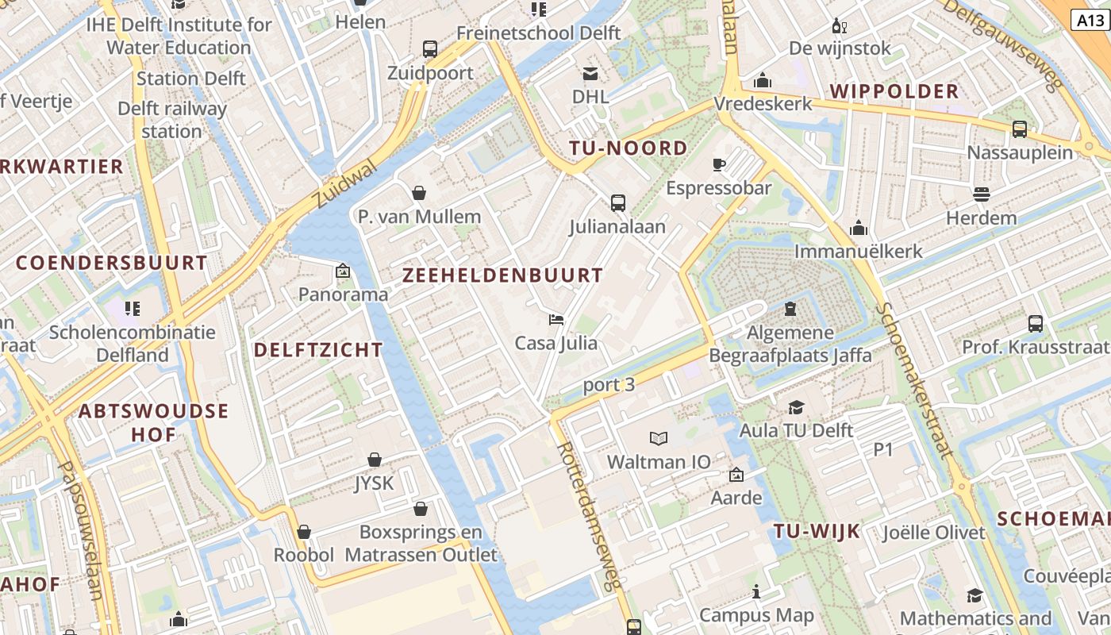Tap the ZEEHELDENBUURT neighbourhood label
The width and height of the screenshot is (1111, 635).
pyautogui.click(x=503, y=275)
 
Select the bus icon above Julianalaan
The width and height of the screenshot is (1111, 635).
pyautogui.click(x=617, y=203)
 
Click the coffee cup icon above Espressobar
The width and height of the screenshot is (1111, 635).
pyautogui.click(x=718, y=164)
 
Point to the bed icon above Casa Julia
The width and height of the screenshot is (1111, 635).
pyautogui.click(x=556, y=320)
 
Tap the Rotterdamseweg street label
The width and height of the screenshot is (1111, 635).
pyautogui.click(x=588, y=516)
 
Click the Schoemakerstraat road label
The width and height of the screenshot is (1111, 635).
pyautogui.click(x=913, y=381)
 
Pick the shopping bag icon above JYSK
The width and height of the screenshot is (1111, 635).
pyautogui.click(x=375, y=460)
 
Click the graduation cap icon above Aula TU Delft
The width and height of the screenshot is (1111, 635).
pyautogui.click(x=795, y=407)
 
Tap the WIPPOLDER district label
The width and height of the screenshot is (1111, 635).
pyautogui.click(x=895, y=91)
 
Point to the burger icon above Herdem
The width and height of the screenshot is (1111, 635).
pyautogui.click(x=981, y=194)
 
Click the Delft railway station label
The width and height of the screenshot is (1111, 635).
pyautogui.click(x=172, y=120)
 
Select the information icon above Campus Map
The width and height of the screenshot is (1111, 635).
pyautogui.click(x=755, y=591)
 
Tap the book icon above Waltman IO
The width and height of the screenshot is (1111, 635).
pyautogui.click(x=659, y=437)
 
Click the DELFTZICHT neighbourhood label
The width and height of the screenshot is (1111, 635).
pyautogui.click(x=318, y=349)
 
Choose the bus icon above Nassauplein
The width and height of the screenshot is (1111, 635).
pyautogui.click(x=1020, y=129)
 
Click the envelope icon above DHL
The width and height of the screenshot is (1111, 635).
pyautogui.click(x=590, y=74)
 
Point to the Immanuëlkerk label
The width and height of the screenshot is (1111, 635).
pyautogui.click(x=859, y=252)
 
